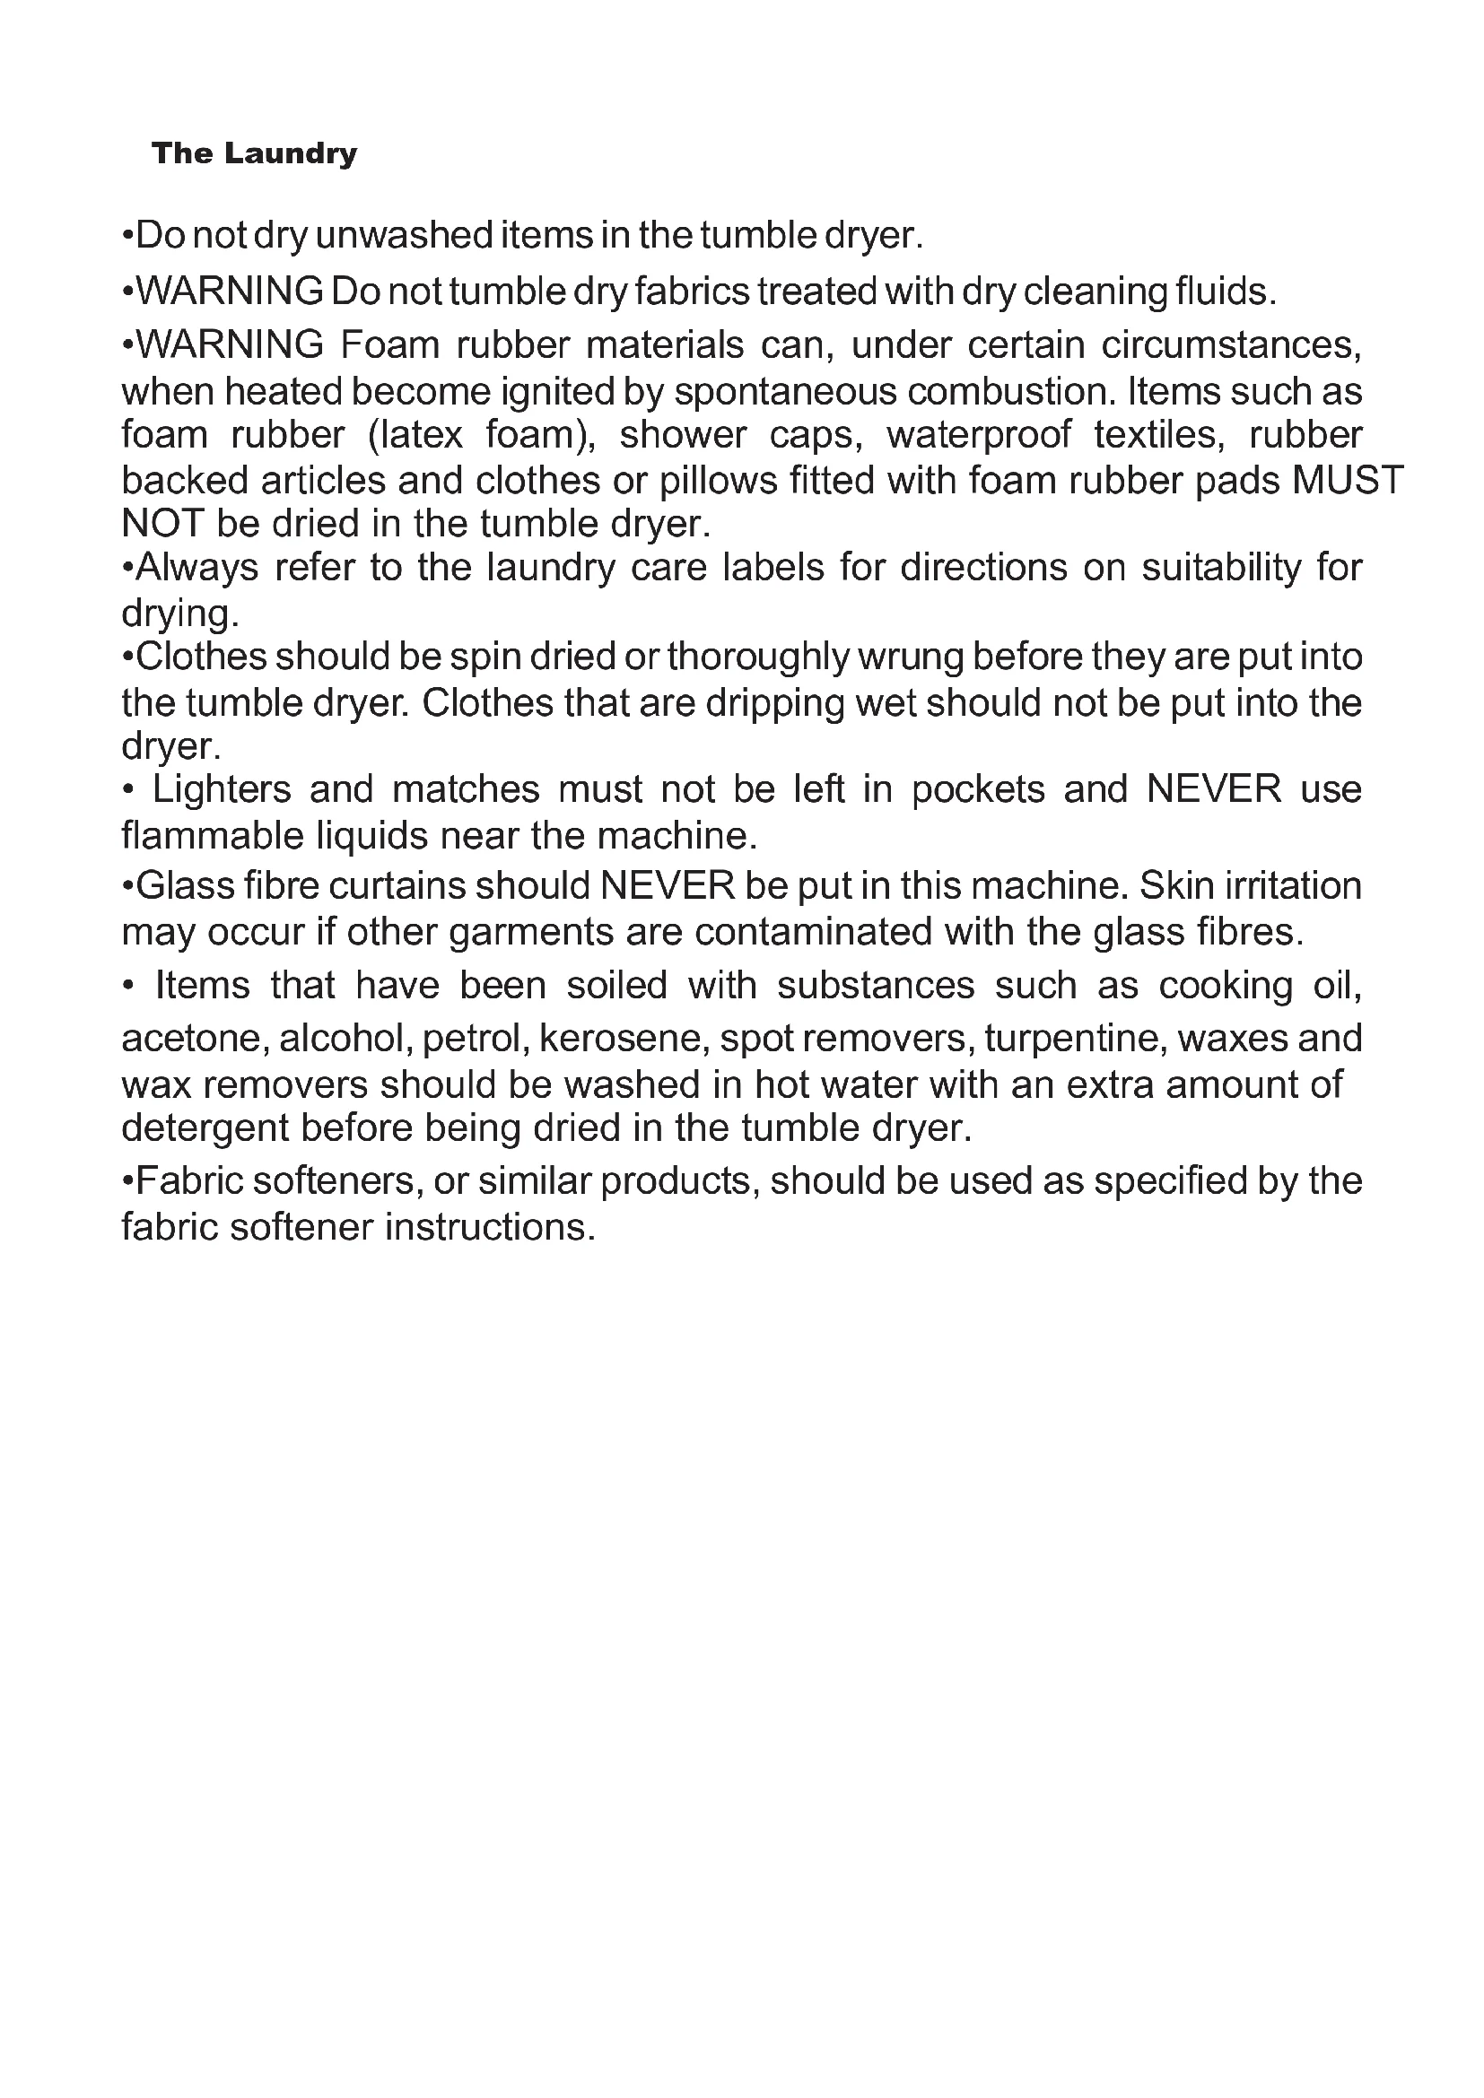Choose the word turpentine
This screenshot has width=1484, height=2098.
pyautogui.click(x=1062, y=1038)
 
